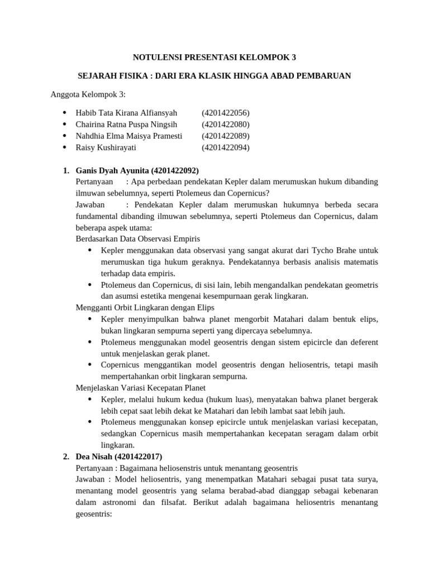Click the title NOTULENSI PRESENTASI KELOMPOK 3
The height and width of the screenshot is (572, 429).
214,57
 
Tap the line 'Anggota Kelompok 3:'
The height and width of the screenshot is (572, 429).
88,94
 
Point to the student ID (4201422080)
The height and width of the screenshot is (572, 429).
226,125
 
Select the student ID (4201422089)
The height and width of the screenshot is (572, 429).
226,136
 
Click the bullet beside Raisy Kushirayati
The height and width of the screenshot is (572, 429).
65,148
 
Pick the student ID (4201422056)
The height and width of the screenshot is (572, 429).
226,113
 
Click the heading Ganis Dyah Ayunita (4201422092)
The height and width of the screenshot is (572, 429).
137,170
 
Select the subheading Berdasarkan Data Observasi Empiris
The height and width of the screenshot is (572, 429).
137,239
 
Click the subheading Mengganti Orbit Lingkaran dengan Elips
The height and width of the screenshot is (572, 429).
145,307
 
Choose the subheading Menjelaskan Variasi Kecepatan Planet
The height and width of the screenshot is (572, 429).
140,388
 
